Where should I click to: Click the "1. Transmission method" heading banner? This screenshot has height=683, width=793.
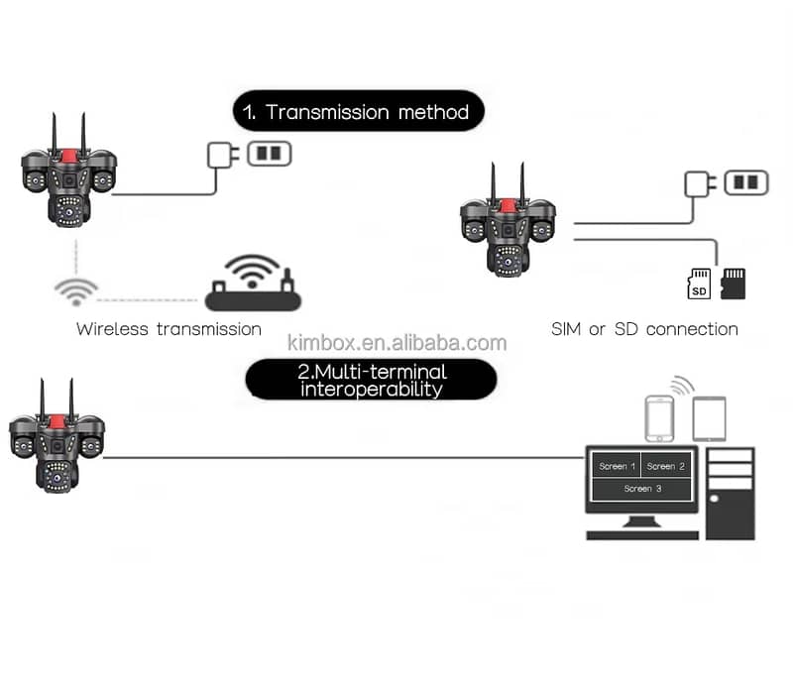(x=358, y=111)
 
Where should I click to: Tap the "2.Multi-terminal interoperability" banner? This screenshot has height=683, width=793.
(x=371, y=380)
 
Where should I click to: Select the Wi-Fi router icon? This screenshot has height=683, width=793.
(x=253, y=283)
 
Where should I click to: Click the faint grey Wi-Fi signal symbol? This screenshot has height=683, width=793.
(x=76, y=291)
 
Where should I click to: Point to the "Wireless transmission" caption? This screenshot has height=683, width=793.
(x=169, y=329)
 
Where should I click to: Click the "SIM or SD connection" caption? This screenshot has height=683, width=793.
(x=644, y=329)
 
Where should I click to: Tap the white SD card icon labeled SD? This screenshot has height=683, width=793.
(x=699, y=284)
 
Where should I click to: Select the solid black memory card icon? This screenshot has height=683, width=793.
(x=733, y=284)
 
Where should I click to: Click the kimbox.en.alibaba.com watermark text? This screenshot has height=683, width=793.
(x=397, y=343)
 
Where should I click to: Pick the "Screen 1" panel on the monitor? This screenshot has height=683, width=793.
(x=617, y=466)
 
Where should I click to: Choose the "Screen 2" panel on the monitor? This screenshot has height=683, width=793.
(x=665, y=466)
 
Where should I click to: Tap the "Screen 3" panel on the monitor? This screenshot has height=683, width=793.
(x=642, y=490)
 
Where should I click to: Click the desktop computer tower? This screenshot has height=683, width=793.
(x=731, y=494)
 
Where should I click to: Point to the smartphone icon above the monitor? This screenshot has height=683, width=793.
(x=659, y=419)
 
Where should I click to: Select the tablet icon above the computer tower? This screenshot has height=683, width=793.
(x=709, y=419)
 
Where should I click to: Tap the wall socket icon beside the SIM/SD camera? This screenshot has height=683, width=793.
(x=746, y=183)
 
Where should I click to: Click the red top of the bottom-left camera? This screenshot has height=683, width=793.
(x=57, y=422)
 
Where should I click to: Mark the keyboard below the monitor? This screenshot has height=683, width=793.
(x=642, y=535)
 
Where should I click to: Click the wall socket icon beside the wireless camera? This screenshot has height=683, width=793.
(x=269, y=154)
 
